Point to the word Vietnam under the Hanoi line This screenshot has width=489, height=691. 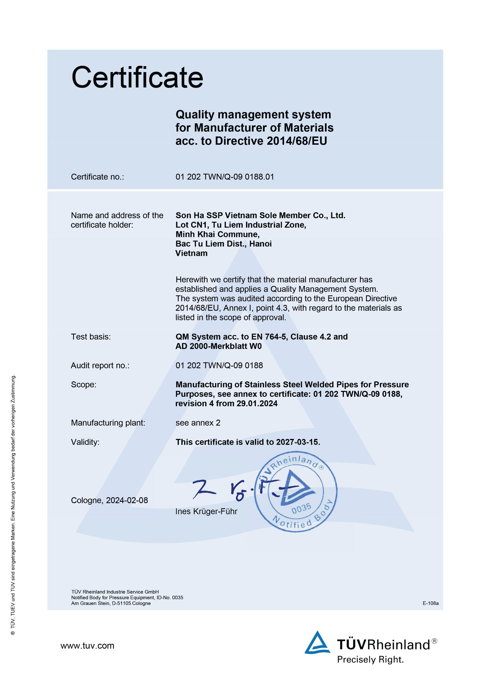click(x=191, y=253)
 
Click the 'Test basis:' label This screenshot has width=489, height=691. click(x=91, y=337)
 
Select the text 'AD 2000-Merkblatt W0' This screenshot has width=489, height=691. click(x=219, y=346)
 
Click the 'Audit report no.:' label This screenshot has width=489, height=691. click(x=100, y=365)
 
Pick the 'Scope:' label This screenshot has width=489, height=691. click(x=84, y=385)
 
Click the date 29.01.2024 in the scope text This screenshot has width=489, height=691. click(x=257, y=404)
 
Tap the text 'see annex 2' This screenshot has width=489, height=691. click(x=198, y=423)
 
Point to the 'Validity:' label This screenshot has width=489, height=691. click(x=85, y=442)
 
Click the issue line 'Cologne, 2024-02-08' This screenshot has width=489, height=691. click(x=109, y=500)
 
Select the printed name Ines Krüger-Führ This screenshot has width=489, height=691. click(x=206, y=511)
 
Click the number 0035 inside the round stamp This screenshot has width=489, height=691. click(x=301, y=508)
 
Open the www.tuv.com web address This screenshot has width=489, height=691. click(x=87, y=646)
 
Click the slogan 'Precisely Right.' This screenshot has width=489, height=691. click(x=370, y=660)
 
